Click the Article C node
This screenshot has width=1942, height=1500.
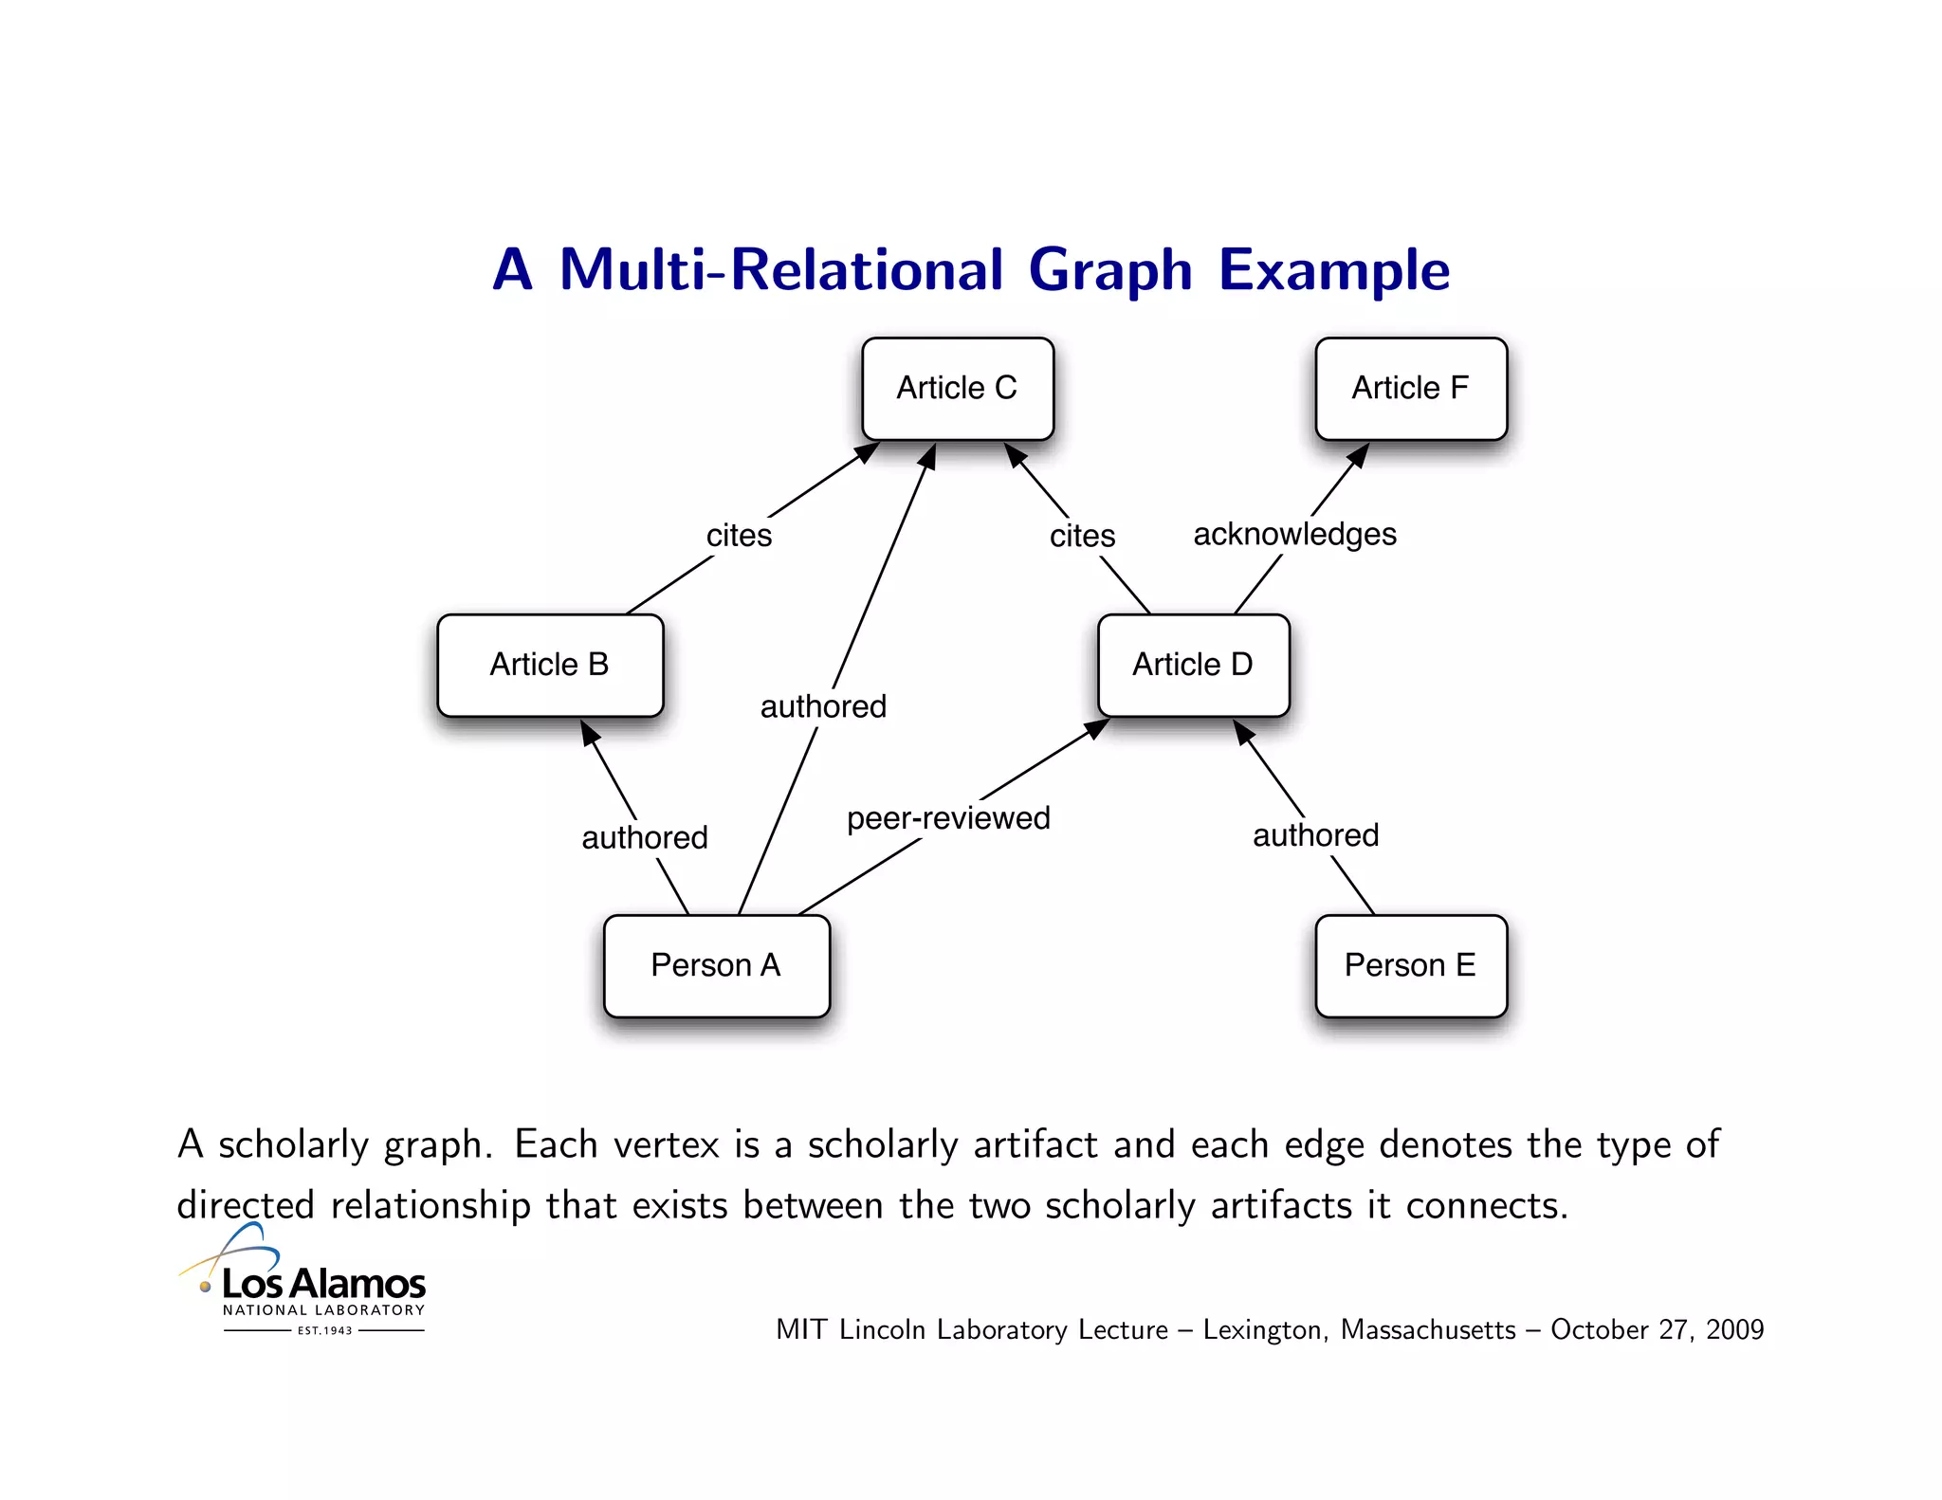click(958, 389)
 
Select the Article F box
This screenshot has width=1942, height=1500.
click(1411, 389)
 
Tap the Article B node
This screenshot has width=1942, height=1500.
click(550, 665)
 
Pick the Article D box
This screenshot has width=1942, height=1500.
click(1193, 665)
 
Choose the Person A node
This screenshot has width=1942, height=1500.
click(716, 965)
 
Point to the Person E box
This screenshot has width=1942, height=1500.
click(1411, 965)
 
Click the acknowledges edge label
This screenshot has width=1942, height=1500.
click(1294, 535)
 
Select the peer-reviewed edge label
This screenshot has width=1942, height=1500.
click(948, 818)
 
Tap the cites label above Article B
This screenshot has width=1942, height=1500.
click(739, 536)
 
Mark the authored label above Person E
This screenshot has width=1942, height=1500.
click(1316, 835)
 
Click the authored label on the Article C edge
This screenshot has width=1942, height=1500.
click(823, 706)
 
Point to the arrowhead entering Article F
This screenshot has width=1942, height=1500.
click(1359, 454)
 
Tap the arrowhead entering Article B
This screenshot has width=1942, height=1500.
click(589, 732)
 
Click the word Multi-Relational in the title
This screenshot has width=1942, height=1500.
click(780, 270)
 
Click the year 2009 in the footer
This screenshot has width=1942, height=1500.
click(1734, 1330)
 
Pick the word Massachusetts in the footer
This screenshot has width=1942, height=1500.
click(1428, 1330)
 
